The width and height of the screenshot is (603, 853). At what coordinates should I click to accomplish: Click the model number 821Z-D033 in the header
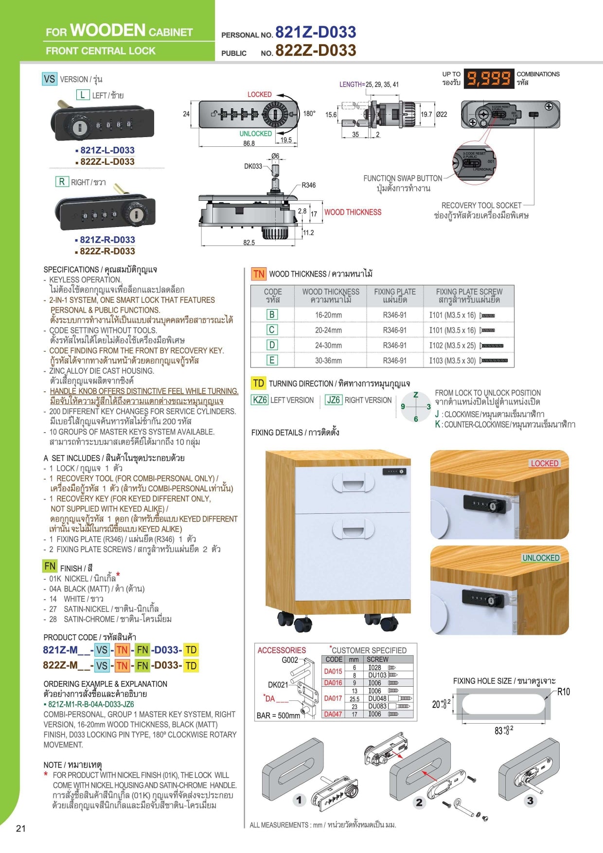point(316,32)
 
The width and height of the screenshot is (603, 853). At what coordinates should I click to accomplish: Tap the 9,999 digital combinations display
point(489,78)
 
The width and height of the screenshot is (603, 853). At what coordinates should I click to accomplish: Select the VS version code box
point(50,79)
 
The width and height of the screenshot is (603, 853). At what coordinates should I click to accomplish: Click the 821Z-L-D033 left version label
point(107,150)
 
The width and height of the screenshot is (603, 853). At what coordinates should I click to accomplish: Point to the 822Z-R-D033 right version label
point(107,251)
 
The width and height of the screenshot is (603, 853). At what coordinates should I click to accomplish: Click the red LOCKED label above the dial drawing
point(259,94)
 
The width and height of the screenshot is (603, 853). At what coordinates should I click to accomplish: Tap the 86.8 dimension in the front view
point(248,143)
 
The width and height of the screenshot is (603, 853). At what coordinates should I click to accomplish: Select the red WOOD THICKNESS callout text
point(353,212)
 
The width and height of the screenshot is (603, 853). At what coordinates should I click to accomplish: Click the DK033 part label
point(253,166)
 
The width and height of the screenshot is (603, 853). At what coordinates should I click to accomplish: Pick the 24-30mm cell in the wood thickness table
point(328,346)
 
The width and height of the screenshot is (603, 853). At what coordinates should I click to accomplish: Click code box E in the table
point(272,361)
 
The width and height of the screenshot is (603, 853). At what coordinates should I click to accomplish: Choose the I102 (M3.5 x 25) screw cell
point(452,346)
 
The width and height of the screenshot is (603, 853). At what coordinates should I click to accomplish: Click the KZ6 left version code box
point(260,400)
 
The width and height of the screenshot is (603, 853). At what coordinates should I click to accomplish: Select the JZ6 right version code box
point(334,400)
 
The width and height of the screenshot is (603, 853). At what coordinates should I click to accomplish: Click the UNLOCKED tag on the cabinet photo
point(541,558)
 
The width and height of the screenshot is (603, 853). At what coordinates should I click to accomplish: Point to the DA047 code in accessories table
point(333,714)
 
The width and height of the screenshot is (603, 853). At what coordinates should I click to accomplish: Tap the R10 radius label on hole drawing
point(563,692)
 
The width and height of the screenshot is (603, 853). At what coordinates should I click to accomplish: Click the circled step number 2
point(419,802)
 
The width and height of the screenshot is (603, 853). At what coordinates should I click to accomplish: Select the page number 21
point(20,829)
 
